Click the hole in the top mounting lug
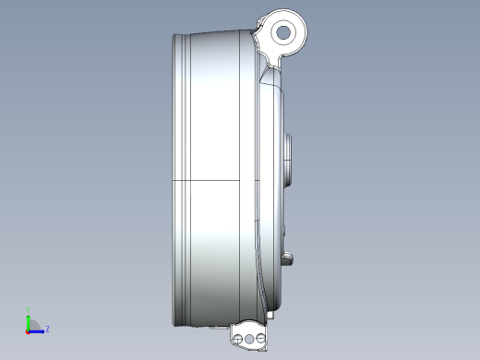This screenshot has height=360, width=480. [283, 32]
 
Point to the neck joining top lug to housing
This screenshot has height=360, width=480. [270, 57]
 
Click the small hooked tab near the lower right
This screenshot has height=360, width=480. [289, 258]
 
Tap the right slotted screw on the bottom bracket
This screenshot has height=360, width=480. [262, 340]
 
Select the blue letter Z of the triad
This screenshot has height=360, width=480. [47, 328]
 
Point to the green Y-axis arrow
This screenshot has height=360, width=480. [29, 319]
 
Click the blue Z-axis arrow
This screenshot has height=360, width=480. [38, 330]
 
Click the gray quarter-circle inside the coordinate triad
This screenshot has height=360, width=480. [31, 326]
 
